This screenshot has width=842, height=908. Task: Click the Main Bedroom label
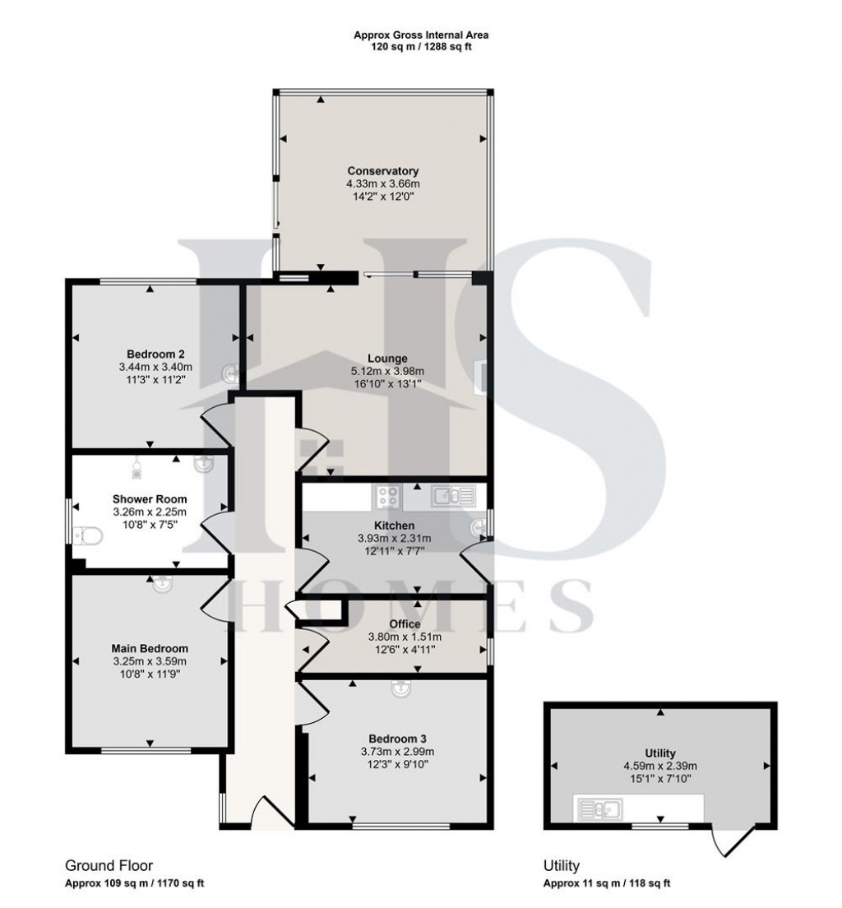150,648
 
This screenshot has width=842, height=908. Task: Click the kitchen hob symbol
387,496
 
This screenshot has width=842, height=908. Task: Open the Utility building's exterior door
729,841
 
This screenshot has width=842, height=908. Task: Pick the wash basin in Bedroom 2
231,375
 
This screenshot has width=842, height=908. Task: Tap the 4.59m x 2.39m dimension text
660,765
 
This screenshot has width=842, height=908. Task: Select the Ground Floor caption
109,865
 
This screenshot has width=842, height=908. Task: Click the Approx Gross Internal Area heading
420,35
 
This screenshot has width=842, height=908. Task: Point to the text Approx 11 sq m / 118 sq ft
607,884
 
